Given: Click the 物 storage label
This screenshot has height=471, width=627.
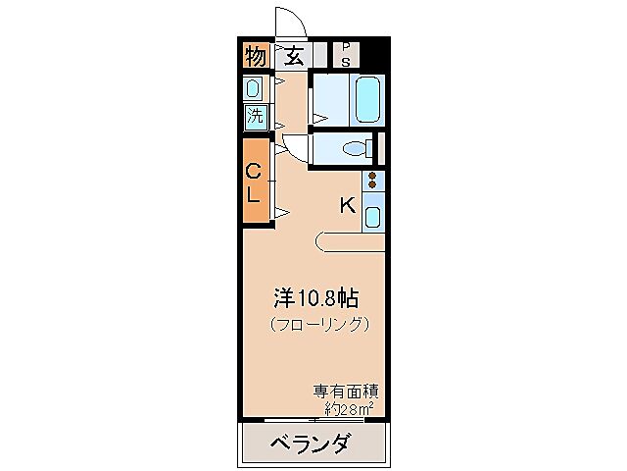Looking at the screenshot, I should pyautogui.click(x=256, y=57).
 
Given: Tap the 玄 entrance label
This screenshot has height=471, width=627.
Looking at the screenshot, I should pyautogui.click(x=294, y=57).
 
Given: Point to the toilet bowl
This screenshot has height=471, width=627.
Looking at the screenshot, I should pyautogui.click(x=354, y=149).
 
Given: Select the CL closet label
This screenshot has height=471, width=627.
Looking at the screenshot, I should pyautogui.click(x=254, y=183).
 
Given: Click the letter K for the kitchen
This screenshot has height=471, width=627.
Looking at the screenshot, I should pyautogui.click(x=347, y=206).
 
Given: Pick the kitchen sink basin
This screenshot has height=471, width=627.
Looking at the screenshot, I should pyautogui.click(x=373, y=215).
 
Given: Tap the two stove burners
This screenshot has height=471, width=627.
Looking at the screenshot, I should pyautogui.click(x=372, y=182).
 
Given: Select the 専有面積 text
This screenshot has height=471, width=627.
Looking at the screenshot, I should pyautogui.click(x=347, y=390).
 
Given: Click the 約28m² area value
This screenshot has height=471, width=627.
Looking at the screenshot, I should pyautogui.click(x=347, y=407).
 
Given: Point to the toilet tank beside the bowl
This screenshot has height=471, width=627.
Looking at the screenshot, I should pyautogui.click(x=371, y=149).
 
